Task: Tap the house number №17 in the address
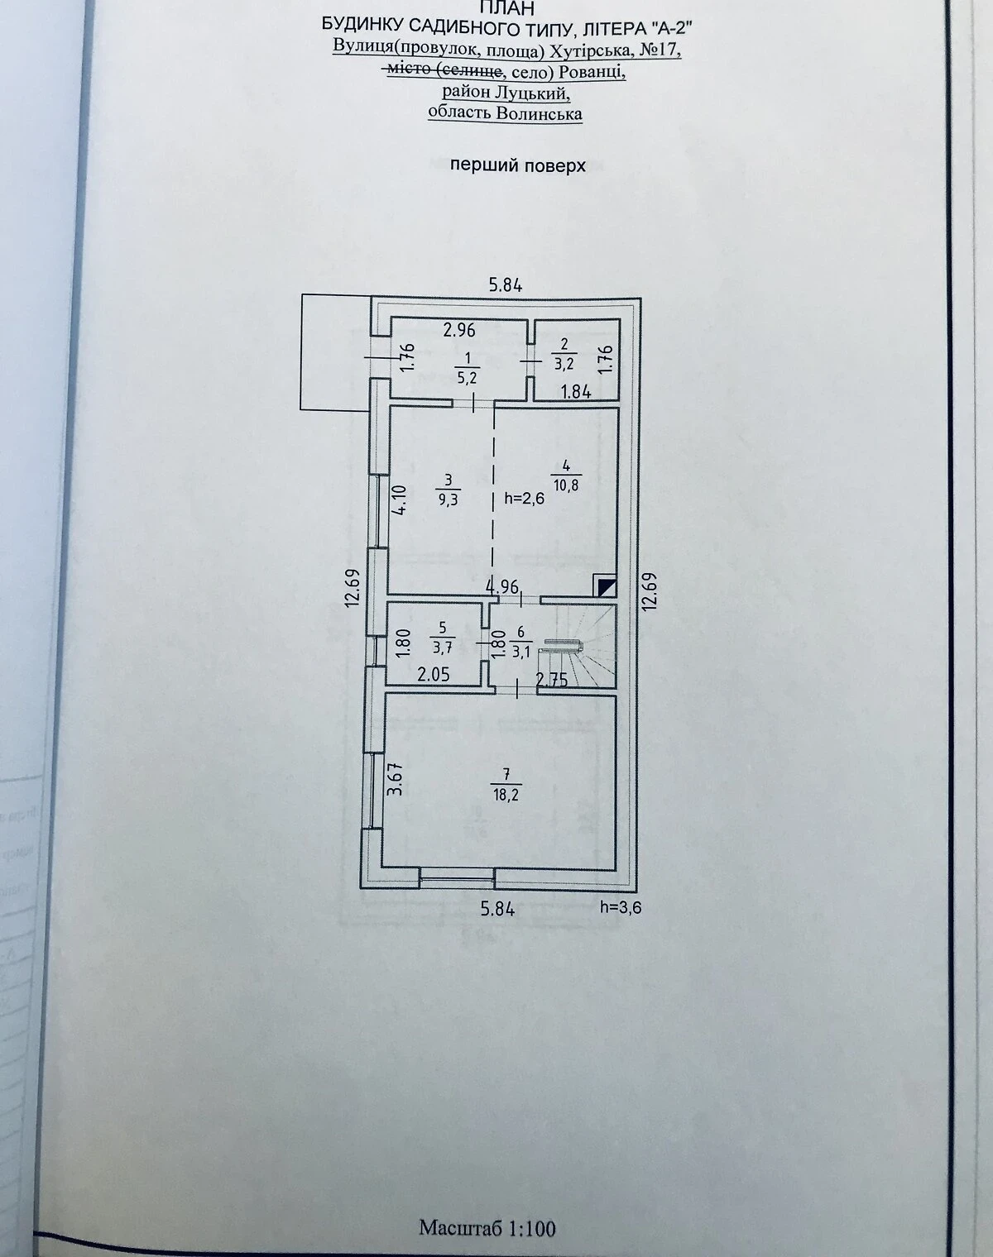point(660,50)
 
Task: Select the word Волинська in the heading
point(539,112)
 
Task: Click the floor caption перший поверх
point(518,166)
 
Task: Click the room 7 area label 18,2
point(506,795)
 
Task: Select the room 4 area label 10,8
point(565,485)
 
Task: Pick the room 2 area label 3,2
point(564,363)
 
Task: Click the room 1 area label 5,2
point(467,377)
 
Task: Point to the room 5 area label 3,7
point(442,648)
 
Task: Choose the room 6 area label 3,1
point(520,652)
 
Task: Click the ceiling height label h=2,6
point(525,498)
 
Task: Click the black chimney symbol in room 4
point(606,585)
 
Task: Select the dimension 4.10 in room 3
point(399,500)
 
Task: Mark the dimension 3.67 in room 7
point(396,781)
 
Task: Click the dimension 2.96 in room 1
point(459,331)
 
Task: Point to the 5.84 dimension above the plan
point(506,285)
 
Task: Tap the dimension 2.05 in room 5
point(433,676)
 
